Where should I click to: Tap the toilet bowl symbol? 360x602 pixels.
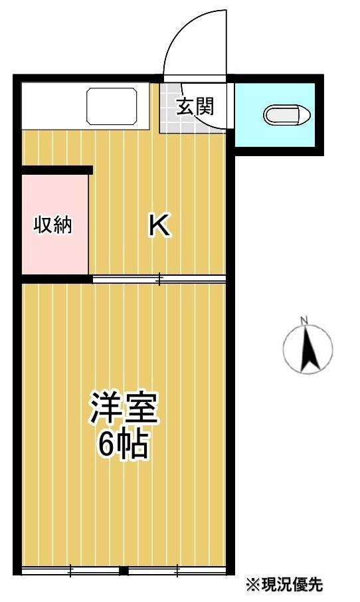[x=287, y=115]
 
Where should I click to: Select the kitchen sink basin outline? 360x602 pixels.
[x=112, y=106]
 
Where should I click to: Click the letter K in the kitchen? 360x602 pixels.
[x=159, y=225]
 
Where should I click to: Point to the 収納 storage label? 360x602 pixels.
[x=53, y=225]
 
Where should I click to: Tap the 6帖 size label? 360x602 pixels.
[x=124, y=444]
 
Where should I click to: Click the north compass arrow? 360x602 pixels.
[x=309, y=350]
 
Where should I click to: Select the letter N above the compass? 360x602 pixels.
[x=305, y=320]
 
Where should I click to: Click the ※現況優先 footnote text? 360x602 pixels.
[x=284, y=584]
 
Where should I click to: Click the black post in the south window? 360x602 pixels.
[x=124, y=571]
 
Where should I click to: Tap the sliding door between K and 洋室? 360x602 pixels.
[x=159, y=279]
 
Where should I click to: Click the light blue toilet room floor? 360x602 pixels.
[x=275, y=115]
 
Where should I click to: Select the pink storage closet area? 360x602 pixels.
[x=55, y=225]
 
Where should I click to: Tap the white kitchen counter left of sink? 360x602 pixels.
[x=54, y=106]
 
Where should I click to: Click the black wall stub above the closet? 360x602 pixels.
[x=57, y=170]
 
